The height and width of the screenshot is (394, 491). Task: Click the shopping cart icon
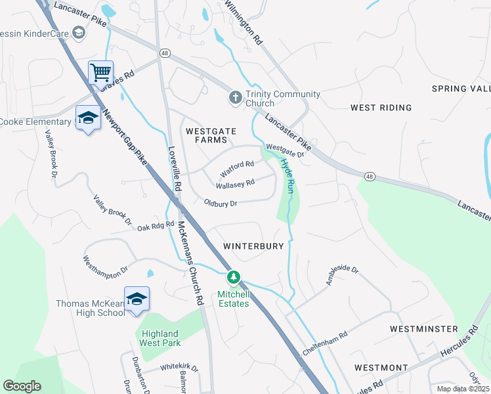click(x=100, y=72)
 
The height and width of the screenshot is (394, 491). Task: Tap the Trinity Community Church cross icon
click(x=235, y=98)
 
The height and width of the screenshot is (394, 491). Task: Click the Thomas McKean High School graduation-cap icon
click(x=137, y=299)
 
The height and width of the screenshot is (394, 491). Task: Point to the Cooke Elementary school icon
click(x=88, y=118)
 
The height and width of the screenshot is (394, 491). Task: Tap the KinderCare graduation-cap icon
click(x=79, y=33)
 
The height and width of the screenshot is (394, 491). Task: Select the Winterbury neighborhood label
click(x=253, y=246)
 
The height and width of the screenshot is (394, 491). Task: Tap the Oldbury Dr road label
click(x=220, y=204)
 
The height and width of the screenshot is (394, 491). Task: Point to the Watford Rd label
click(x=236, y=167)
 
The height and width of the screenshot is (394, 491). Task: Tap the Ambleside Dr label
click(x=342, y=275)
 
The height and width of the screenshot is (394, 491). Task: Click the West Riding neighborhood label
click(x=381, y=107)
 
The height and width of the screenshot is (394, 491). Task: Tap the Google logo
click(x=22, y=386)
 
